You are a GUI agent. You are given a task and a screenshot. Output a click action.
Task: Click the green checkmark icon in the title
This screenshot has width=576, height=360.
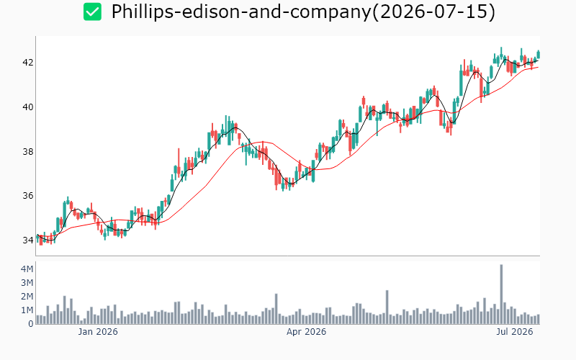pos(92,12)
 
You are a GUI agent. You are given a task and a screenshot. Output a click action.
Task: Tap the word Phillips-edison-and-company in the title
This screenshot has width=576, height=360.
pos(241,12)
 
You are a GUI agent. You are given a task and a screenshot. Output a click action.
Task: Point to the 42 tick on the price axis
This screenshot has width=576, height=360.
pos(28,63)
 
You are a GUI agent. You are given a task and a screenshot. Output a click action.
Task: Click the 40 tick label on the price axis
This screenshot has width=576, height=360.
pos(28,107)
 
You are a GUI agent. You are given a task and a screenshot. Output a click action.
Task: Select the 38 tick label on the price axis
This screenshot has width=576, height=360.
pos(28,151)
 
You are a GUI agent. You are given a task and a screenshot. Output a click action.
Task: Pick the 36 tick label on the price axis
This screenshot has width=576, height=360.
pos(28,196)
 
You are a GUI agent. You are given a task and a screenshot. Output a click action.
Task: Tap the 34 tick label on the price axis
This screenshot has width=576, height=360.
pos(28,240)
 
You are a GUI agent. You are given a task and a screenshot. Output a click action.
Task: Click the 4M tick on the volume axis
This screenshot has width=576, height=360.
pos(27,269)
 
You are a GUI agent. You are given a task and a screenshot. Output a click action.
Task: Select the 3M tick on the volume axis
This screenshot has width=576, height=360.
pos(27,282)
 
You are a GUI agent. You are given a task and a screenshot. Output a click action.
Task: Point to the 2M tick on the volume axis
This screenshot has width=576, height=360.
pos(27,297)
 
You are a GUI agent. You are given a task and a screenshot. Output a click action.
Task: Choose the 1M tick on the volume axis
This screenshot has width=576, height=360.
pos(27,310)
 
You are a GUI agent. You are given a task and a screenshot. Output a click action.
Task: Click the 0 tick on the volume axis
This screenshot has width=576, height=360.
pos(31,324)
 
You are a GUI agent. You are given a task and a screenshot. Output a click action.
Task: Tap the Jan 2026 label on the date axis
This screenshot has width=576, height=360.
pos(98,332)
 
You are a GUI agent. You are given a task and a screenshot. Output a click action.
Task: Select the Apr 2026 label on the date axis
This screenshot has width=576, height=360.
pos(307,332)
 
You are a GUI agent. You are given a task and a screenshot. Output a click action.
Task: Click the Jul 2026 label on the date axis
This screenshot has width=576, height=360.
pos(515,332)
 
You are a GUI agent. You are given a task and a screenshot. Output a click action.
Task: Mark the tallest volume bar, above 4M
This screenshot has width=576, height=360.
pos(501,294)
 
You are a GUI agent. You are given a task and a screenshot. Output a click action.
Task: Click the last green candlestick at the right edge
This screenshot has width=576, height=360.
pos(539,55)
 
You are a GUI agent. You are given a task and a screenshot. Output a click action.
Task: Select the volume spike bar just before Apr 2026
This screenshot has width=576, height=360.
pos(276,309)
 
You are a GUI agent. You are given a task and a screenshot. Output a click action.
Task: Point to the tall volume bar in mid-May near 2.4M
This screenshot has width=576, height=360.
pos(387,307)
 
